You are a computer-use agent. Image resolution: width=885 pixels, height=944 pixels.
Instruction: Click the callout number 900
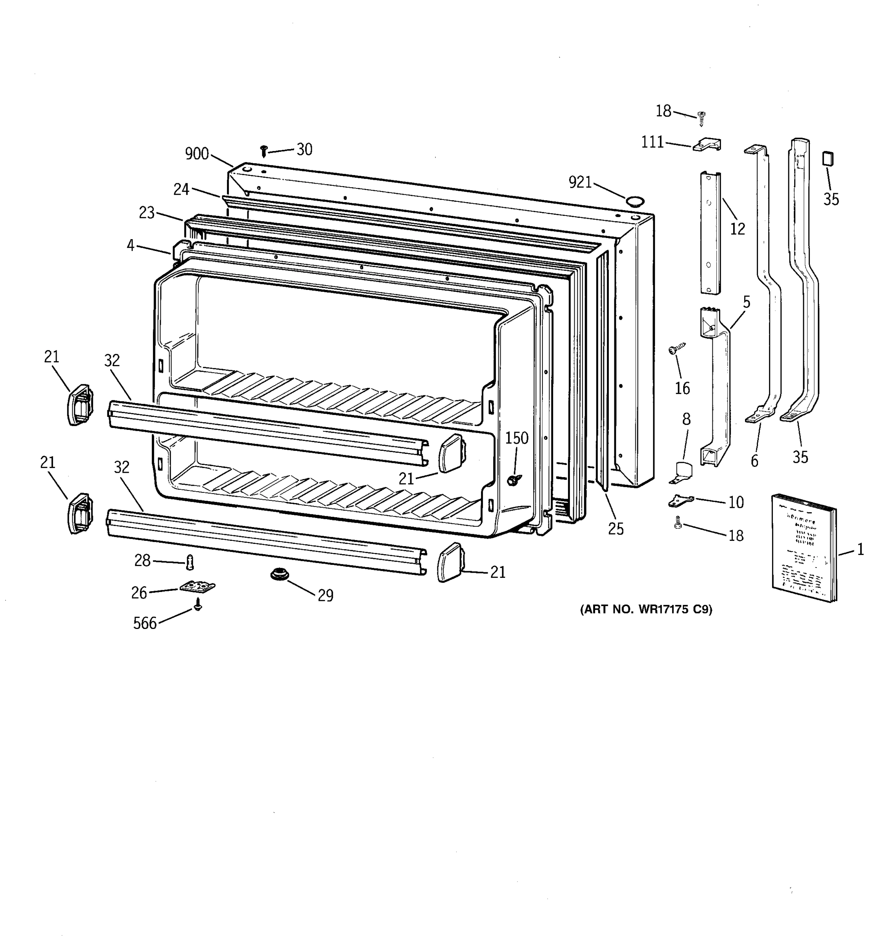click(197, 154)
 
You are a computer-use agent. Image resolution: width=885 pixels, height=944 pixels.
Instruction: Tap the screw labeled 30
click(264, 151)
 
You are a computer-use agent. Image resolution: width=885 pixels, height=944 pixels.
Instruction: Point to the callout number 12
click(737, 229)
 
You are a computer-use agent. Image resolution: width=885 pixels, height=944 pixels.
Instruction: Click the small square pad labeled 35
click(828, 159)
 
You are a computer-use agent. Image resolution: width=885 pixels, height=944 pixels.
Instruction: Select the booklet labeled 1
click(803, 548)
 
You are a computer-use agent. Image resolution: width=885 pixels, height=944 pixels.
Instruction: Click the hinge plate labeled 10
click(681, 500)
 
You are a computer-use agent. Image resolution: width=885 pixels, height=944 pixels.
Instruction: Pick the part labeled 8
click(683, 472)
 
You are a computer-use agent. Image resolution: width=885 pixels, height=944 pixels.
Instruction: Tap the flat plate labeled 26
click(197, 587)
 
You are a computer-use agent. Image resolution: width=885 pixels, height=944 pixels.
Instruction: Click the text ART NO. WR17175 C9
click(646, 609)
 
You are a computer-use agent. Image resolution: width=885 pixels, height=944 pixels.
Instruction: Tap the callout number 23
click(147, 213)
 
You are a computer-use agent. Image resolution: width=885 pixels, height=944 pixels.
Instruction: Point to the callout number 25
click(616, 529)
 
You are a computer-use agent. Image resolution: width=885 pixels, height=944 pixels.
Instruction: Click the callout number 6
click(754, 461)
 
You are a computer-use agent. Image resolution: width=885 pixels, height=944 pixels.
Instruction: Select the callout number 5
click(747, 302)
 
